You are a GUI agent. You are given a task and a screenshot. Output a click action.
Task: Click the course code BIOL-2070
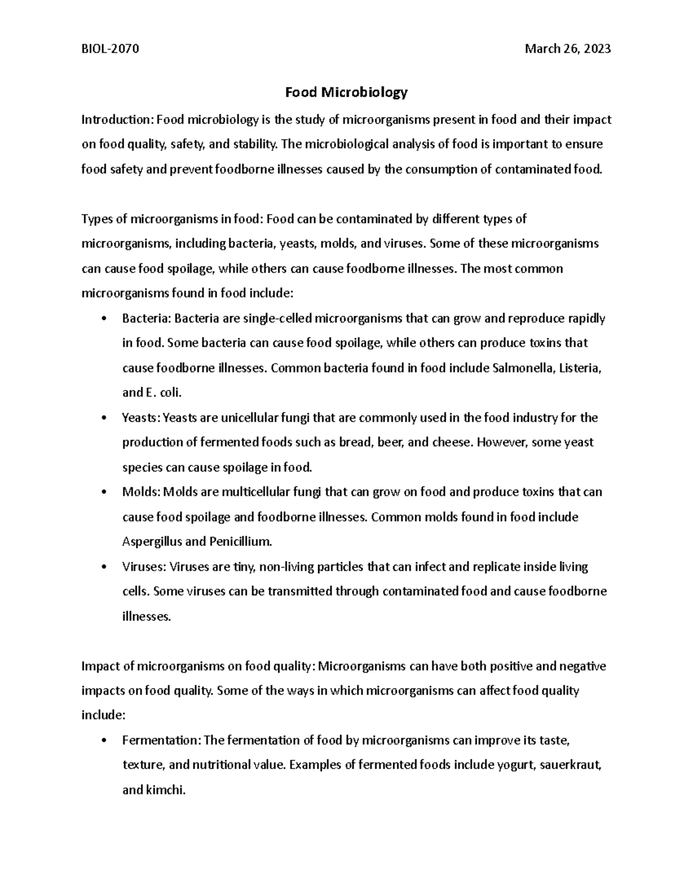[110, 49]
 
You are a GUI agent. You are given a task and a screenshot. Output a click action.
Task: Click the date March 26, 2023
[568, 49]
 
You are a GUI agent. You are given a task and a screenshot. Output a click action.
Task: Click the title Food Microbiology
[346, 92]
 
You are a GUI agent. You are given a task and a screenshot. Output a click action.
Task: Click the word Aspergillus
[148, 542]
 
